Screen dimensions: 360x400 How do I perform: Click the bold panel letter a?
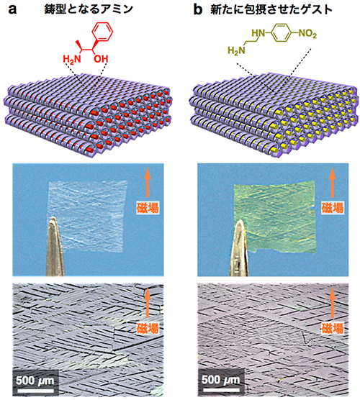point(12,9)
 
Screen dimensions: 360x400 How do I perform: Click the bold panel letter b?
point(198,9)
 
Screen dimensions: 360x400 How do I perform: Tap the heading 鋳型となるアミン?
point(89,9)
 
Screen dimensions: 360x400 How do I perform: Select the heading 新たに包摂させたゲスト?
point(271,9)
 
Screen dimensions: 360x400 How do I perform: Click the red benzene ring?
point(102,32)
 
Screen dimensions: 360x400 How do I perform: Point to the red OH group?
point(101,59)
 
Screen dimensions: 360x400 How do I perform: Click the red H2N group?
point(72,59)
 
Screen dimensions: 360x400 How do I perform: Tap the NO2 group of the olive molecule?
point(307,34)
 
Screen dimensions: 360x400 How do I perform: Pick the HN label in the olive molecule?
point(258,33)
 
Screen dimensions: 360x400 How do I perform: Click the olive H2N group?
point(236,51)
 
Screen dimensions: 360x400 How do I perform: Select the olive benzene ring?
point(281,33)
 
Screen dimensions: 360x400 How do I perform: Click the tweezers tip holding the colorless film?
point(53,217)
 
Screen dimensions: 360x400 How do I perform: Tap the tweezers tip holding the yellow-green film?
point(240,222)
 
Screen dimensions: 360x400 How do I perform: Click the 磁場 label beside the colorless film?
point(148,207)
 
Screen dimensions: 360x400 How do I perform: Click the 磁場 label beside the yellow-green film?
point(333,207)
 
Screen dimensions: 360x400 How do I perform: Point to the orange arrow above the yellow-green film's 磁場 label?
point(332,183)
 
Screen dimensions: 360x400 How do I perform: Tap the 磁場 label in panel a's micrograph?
point(148,328)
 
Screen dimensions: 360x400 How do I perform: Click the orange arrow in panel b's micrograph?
point(332,303)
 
